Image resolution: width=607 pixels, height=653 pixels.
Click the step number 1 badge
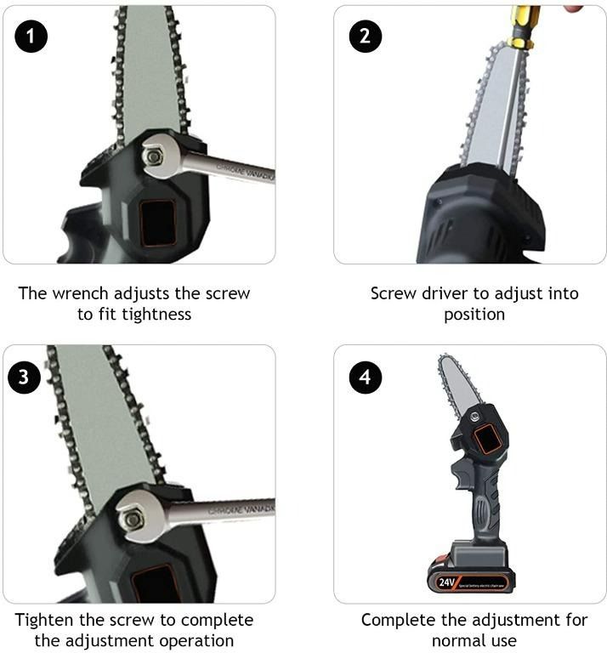click(x=31, y=36)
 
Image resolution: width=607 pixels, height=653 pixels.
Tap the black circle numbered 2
click(x=366, y=36)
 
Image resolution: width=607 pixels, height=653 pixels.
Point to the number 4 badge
click(x=365, y=377)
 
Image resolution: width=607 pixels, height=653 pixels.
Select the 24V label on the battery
click(x=446, y=582)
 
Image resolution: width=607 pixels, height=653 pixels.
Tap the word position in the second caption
click(x=474, y=315)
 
